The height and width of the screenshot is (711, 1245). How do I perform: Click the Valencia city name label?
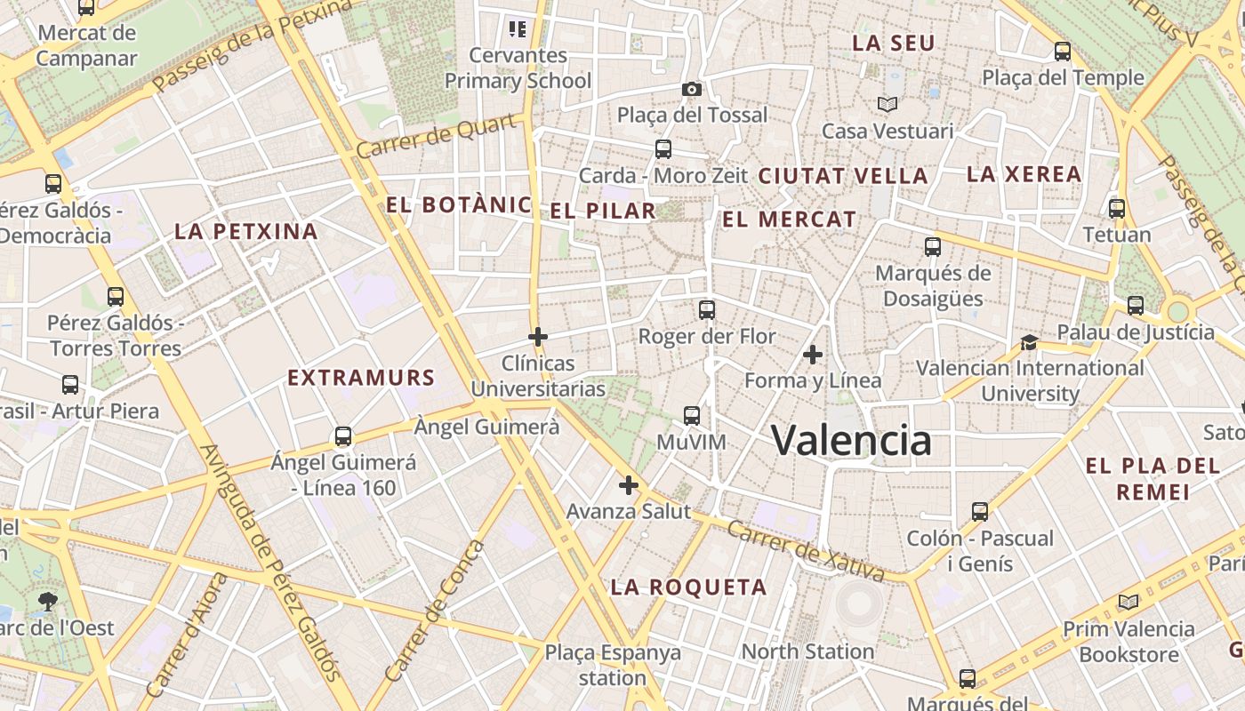pyautogui.click(x=851, y=440)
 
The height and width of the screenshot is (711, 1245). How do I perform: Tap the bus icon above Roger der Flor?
pyautogui.click(x=707, y=310)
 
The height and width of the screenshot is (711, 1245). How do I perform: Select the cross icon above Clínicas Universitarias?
pyautogui.click(x=538, y=337)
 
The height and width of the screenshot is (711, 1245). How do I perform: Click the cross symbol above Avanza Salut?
pyautogui.click(x=629, y=485)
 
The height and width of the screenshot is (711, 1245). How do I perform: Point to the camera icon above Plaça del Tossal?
pyautogui.click(x=692, y=89)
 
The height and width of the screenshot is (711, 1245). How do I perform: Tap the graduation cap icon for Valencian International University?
pyautogui.click(x=1029, y=342)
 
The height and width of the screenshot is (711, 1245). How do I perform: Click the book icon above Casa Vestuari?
pyautogui.click(x=888, y=104)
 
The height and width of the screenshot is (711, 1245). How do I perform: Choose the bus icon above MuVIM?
pyautogui.click(x=692, y=415)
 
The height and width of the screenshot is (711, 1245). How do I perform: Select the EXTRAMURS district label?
pyautogui.click(x=361, y=378)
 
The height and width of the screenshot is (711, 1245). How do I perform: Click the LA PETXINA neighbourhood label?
pyautogui.click(x=246, y=232)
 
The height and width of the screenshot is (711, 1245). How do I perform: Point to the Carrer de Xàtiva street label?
pyautogui.click(x=806, y=551)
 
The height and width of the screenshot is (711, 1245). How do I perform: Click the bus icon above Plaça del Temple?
pyautogui.click(x=1063, y=52)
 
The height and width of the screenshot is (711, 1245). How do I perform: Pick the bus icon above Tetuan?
pyautogui.click(x=1117, y=210)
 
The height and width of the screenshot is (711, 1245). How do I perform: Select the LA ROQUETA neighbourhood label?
pyautogui.click(x=689, y=587)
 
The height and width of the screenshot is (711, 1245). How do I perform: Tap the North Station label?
pyautogui.click(x=807, y=651)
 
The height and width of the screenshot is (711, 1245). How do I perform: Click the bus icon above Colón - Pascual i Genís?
pyautogui.click(x=980, y=512)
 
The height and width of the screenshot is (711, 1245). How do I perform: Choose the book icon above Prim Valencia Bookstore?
pyautogui.click(x=1129, y=603)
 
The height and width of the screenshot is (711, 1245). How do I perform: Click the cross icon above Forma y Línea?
pyautogui.click(x=812, y=355)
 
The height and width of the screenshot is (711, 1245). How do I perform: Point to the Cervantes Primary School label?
pyautogui.click(x=518, y=68)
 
